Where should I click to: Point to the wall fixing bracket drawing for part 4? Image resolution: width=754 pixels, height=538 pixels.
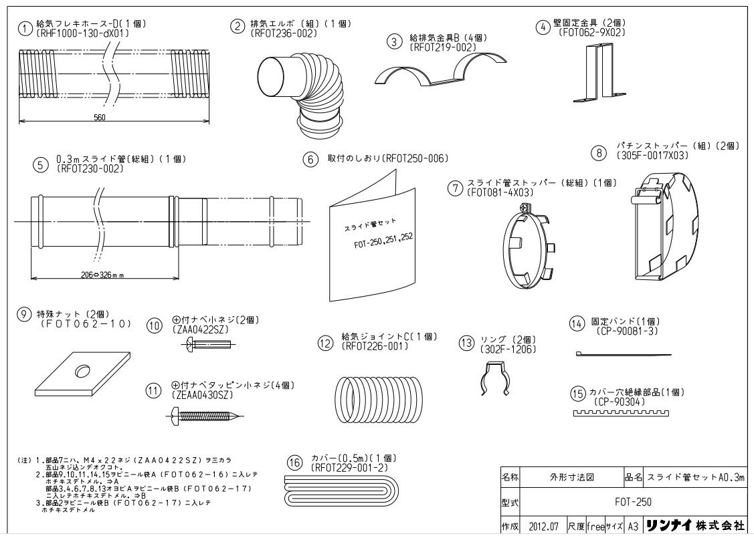(x=592, y=74)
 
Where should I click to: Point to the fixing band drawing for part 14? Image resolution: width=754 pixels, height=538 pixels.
(x=622, y=354)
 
